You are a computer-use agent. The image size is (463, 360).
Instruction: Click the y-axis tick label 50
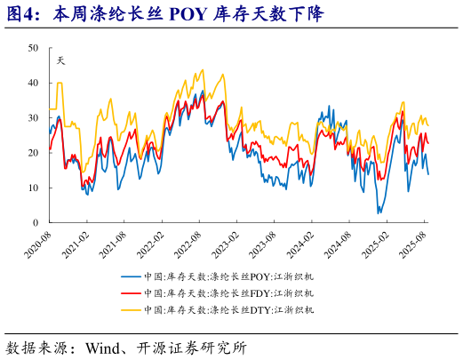click(33, 48)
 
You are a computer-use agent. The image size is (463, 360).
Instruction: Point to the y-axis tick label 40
click(33, 83)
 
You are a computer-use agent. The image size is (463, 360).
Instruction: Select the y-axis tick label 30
click(33, 117)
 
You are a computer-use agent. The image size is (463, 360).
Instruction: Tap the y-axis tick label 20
click(33, 153)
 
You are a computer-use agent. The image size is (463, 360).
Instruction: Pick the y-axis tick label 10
click(33, 188)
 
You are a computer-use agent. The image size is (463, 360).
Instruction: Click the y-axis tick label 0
click(36, 222)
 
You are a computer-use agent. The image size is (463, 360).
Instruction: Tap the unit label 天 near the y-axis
click(60, 60)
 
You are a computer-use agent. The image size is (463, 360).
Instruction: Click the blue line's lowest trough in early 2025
click(379, 212)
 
